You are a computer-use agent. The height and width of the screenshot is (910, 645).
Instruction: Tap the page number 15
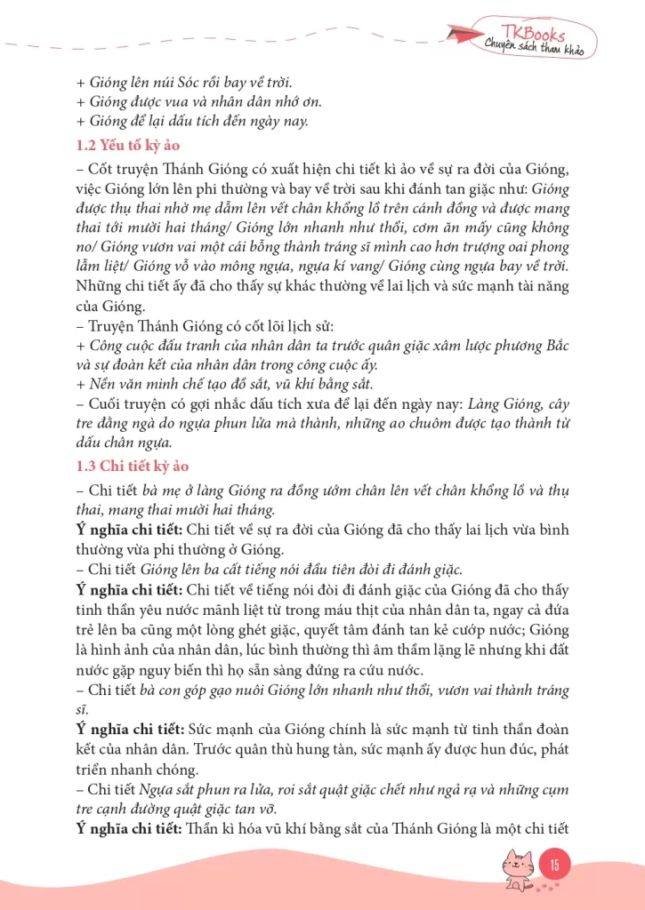[554, 864]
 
